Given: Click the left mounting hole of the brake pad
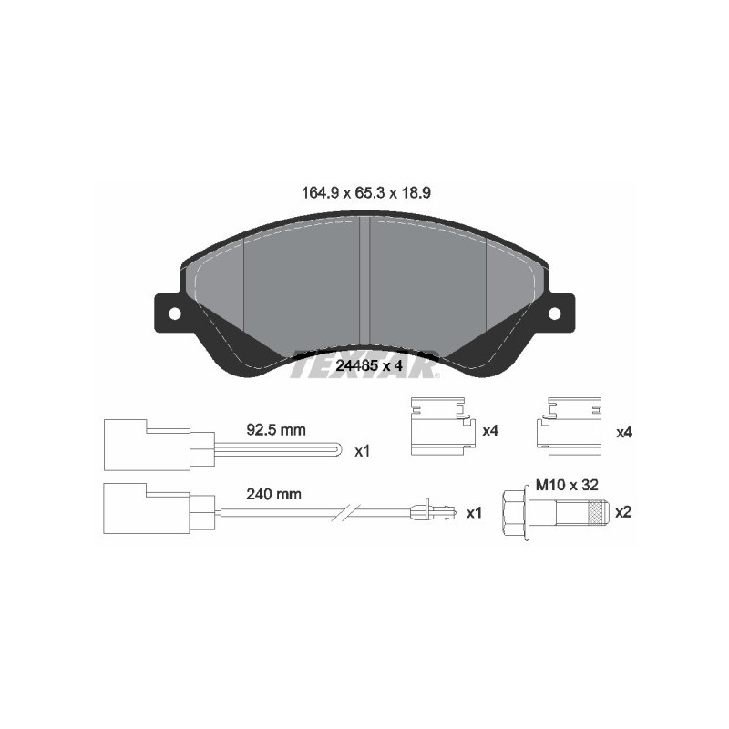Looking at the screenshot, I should click(173, 313).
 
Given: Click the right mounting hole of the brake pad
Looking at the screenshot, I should click(554, 313).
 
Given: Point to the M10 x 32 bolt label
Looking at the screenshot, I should click(567, 486).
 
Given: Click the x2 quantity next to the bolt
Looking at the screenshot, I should click(623, 512).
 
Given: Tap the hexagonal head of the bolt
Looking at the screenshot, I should click(512, 511).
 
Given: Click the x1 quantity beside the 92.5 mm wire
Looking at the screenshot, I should click(363, 450).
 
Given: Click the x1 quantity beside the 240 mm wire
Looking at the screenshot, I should click(473, 513).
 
